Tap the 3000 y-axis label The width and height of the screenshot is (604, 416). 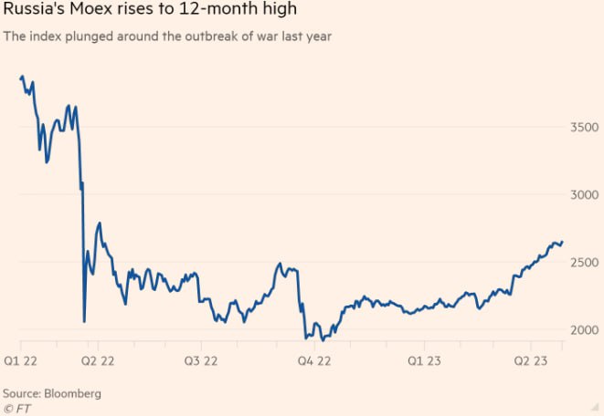coord(585,194)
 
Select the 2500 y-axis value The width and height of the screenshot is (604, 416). coord(585,262)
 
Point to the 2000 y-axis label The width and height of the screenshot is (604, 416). coord(585,329)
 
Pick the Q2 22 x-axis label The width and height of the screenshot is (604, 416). coord(97,361)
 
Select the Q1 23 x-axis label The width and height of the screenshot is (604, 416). coord(422,361)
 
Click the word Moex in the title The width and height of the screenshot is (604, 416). coord(88,12)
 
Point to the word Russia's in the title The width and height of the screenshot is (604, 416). coord(32,12)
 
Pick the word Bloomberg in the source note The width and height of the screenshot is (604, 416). coord(73,393)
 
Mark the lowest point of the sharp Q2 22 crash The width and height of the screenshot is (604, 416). coord(84,321)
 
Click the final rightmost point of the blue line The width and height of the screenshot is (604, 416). coord(563,242)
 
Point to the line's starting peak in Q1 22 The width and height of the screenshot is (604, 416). coord(22,77)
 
